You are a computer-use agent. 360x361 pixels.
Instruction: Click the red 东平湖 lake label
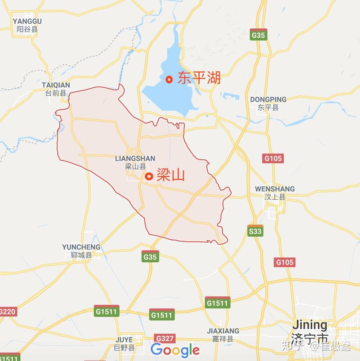pyautogui.click(x=199, y=78)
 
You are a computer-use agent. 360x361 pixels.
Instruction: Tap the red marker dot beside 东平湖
pyautogui.click(x=169, y=79)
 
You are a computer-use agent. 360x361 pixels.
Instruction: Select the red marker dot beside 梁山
pyautogui.click(x=149, y=176)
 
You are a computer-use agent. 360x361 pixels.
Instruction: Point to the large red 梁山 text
pyautogui.click(x=170, y=175)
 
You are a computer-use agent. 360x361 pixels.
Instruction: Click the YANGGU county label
pyautogui.click(x=27, y=21)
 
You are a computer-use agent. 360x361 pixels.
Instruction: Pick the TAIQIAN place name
pyautogui.click(x=56, y=85)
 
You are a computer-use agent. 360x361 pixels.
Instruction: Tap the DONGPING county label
pyautogui.click(x=268, y=99)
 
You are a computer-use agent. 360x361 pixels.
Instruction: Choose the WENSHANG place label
pyautogui.click(x=275, y=189)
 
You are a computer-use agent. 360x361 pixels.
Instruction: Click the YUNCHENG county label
pyautogui.click(x=81, y=247)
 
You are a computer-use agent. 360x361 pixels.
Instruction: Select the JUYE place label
pyautogui.click(x=124, y=340)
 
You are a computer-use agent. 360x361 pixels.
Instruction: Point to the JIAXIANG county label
pyautogui.click(x=223, y=331)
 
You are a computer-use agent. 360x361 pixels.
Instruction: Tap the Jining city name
pyautogui.click(x=310, y=324)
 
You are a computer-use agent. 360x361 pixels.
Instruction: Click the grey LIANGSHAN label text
pyautogui.click(x=135, y=158)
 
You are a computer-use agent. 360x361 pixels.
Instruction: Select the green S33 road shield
pyautogui.click(x=255, y=231)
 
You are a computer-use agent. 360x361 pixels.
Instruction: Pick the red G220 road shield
pyautogui.click(x=7, y=311)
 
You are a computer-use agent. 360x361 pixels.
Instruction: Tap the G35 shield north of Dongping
pyautogui.click(x=258, y=35)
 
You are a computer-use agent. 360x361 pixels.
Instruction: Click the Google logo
pyautogui.click(x=175, y=350)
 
